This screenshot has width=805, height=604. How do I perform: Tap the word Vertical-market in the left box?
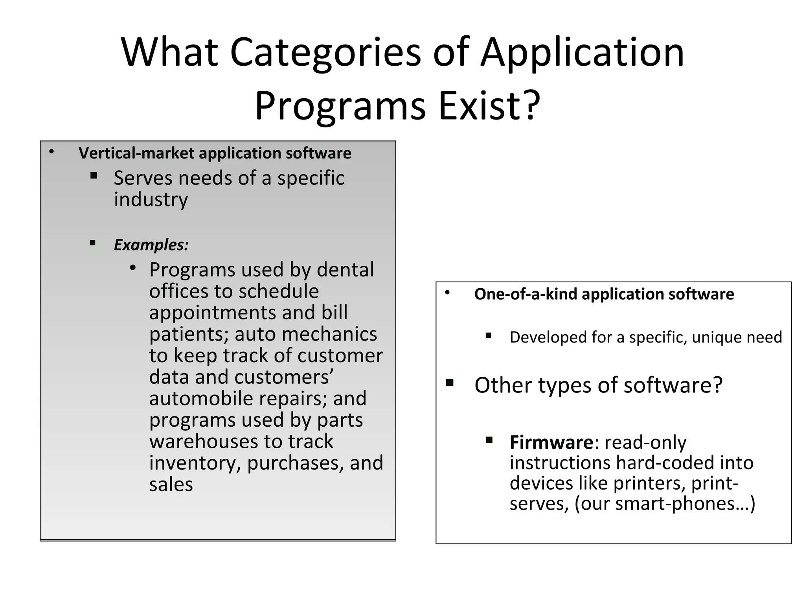136,153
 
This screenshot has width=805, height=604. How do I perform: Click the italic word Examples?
151,245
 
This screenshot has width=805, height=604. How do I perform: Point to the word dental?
345,270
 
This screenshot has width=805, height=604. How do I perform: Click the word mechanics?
329,334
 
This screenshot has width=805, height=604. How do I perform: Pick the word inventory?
195,463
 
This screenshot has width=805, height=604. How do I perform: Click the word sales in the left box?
171,484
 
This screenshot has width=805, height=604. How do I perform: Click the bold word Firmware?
551,442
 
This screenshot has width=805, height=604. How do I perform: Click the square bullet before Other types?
450,383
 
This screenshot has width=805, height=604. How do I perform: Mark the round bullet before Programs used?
133,268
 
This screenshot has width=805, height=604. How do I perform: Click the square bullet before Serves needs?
94,175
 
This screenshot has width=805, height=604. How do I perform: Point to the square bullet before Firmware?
489,440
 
